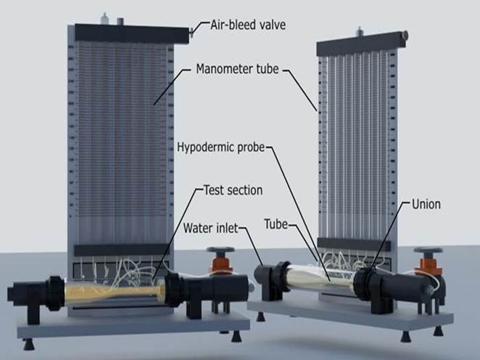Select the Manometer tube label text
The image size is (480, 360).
239,71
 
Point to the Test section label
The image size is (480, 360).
231,190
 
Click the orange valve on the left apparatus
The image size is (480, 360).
218,261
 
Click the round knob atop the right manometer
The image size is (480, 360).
404,34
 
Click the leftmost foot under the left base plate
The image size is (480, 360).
29,343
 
